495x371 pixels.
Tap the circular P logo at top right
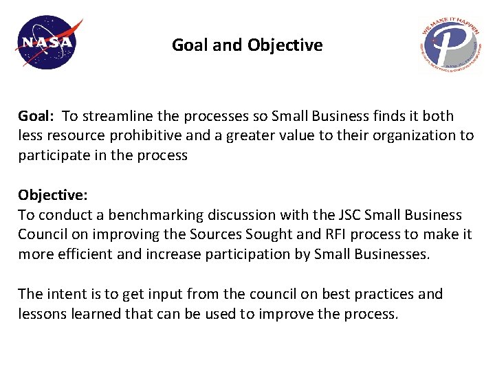pos(450,45)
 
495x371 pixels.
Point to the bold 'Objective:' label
pos(52,195)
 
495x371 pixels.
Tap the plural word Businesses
pos(391,254)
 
